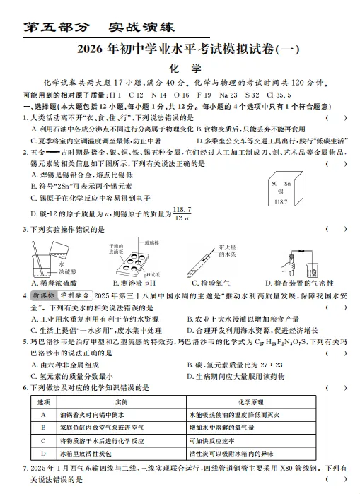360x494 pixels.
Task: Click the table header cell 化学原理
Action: click(x=265, y=400)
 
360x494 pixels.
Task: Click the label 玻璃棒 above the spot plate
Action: click(x=153, y=241)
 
